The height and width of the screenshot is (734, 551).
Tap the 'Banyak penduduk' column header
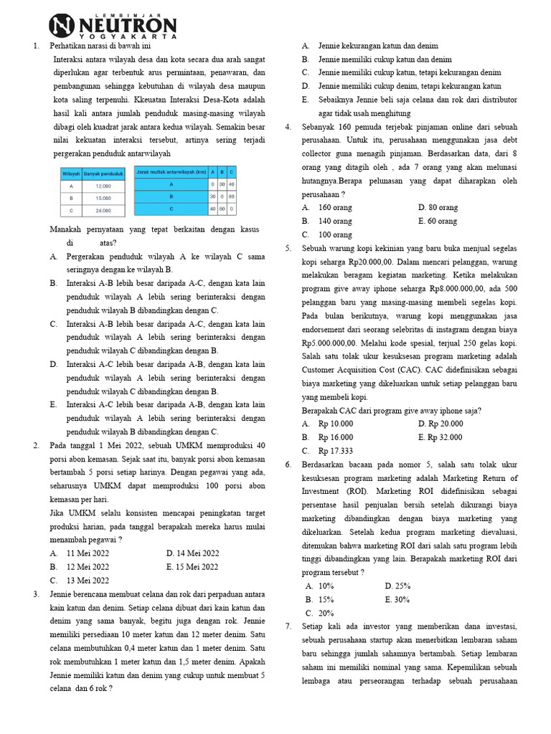(x=100, y=173)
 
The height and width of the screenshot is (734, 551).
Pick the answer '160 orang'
(x=335, y=208)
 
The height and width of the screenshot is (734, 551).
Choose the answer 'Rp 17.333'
(x=335, y=451)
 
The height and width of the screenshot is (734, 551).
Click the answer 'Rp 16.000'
(x=335, y=437)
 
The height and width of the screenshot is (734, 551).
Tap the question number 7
(x=288, y=626)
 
